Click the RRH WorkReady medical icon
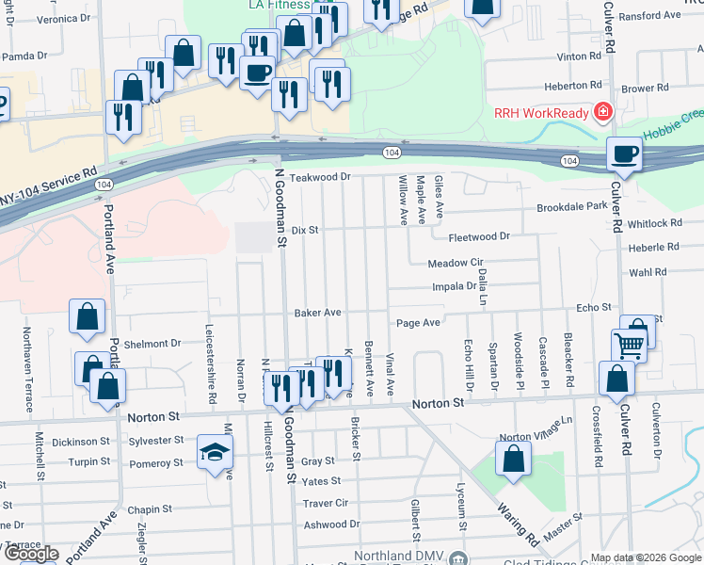click(603, 114)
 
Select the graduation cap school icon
click(215, 452)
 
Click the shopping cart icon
click(628, 345)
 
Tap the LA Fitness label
click(279, 5)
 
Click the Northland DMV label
click(406, 557)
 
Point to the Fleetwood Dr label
click(478, 236)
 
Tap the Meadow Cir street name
click(455, 263)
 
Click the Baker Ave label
click(317, 312)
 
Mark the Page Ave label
click(418, 322)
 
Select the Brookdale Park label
click(572, 207)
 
